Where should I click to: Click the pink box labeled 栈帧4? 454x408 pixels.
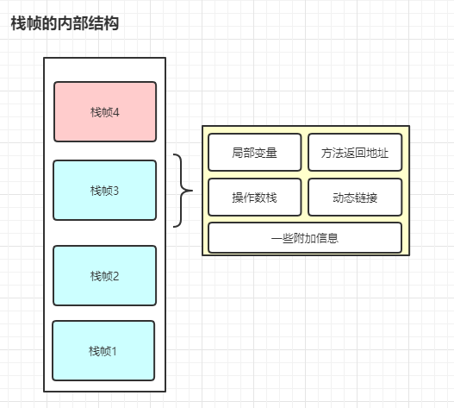105,111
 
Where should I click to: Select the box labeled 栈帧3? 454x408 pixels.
105,191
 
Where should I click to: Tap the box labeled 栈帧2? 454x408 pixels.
105,275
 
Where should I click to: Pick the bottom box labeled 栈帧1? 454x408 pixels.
103,350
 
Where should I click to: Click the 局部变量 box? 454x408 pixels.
255,152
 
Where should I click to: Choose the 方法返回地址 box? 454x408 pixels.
355,152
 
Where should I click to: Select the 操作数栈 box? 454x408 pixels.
255,198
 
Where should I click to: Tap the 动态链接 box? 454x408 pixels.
355,198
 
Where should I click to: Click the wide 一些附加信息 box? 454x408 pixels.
305,238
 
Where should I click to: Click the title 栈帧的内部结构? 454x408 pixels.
65,23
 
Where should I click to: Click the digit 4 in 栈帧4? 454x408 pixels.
116,112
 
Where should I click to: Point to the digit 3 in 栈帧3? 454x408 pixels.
115,191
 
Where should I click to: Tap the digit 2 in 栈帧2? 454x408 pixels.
115,276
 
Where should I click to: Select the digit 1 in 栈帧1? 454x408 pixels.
114,351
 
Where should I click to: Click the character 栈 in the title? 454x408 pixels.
19,23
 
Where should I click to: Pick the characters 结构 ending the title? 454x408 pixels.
103,23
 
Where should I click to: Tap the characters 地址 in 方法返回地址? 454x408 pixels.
377,153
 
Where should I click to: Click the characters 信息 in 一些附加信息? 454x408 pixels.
327,238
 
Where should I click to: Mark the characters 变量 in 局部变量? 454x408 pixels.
266,153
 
